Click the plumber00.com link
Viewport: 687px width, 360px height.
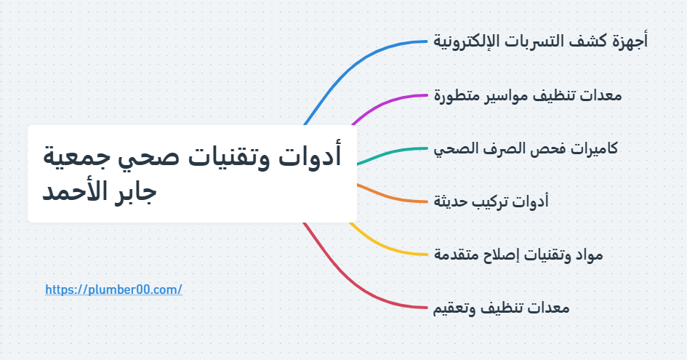113,289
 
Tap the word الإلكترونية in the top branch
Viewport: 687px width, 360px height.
471,41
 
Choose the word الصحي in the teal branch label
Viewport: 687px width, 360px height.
455,148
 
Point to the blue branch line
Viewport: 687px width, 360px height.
363,57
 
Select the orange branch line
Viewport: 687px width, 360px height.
393,196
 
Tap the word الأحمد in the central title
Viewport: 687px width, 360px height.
73,194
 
